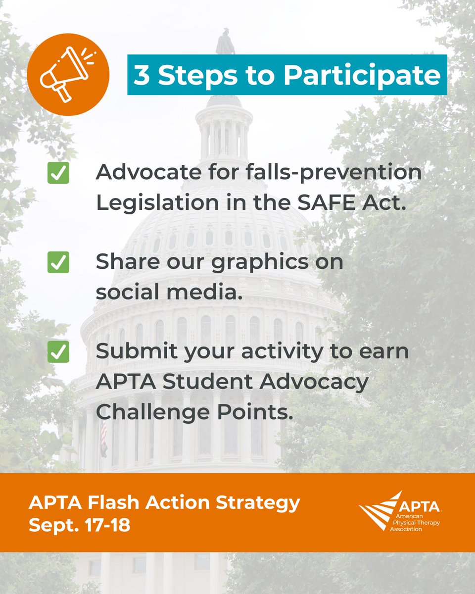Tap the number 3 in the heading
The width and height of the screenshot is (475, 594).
(x=142, y=75)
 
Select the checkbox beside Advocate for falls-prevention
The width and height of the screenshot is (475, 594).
(x=58, y=174)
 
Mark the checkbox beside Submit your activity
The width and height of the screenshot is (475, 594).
(x=58, y=352)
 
